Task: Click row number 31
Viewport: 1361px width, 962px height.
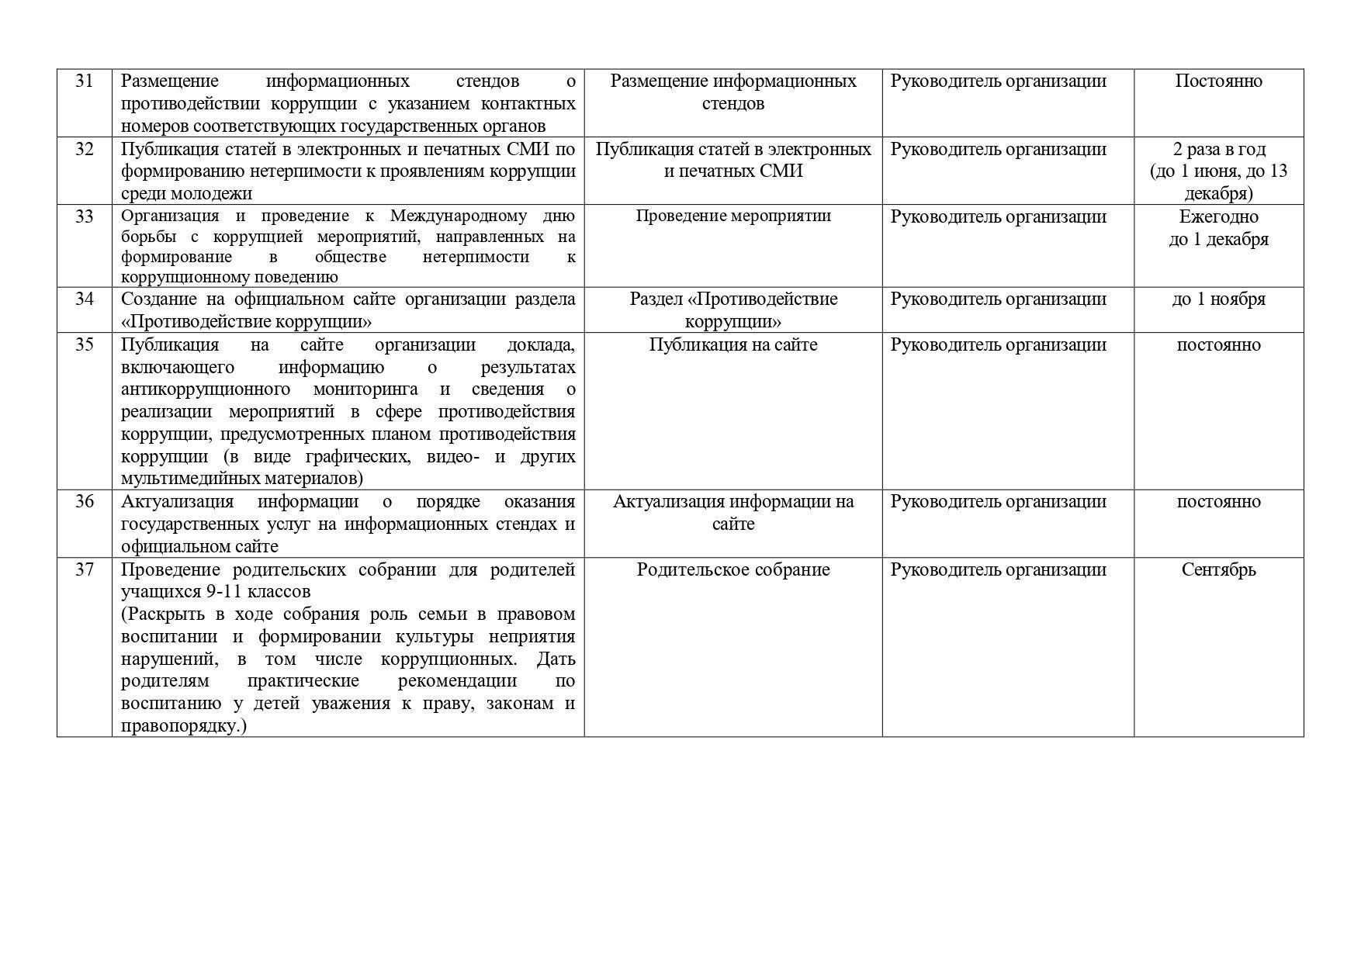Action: tap(84, 81)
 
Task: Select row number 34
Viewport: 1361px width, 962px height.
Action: tap(84, 299)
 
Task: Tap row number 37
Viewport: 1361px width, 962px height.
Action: tap(84, 570)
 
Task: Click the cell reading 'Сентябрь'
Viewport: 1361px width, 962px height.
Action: tap(1218, 570)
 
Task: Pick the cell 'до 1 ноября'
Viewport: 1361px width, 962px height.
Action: tap(1218, 299)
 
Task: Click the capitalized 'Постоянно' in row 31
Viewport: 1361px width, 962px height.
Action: tap(1218, 81)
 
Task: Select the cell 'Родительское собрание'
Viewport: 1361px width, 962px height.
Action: tap(733, 570)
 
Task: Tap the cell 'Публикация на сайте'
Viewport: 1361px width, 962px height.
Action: tap(733, 345)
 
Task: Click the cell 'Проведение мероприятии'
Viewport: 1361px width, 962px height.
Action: tap(733, 216)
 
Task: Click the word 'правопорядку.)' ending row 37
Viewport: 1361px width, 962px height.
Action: tap(183, 727)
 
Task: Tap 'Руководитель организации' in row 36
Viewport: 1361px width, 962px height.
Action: tap(998, 502)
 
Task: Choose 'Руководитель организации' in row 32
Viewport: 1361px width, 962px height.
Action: tap(998, 150)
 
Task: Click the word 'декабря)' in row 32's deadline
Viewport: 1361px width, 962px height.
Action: tap(1218, 194)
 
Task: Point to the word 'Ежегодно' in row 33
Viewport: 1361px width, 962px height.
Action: tap(1218, 217)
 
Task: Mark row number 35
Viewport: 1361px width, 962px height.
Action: tap(84, 345)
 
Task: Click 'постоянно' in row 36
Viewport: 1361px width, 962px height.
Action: tap(1218, 502)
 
